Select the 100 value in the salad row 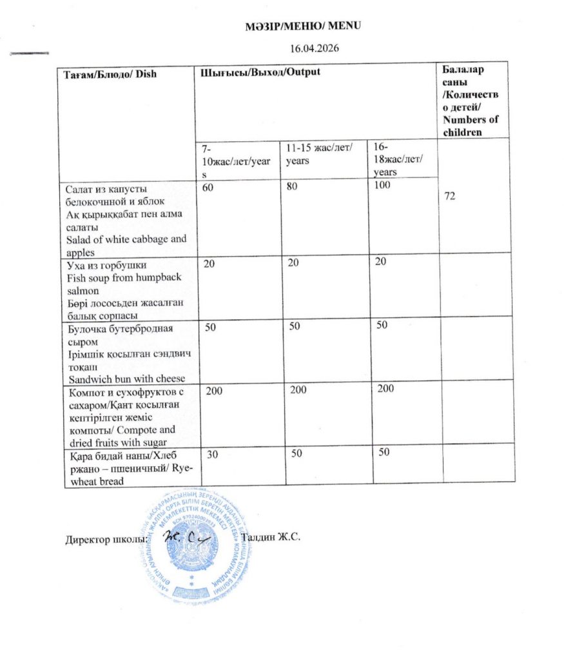pyautogui.click(x=382, y=186)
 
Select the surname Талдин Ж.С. pyautogui.click(x=271, y=537)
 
